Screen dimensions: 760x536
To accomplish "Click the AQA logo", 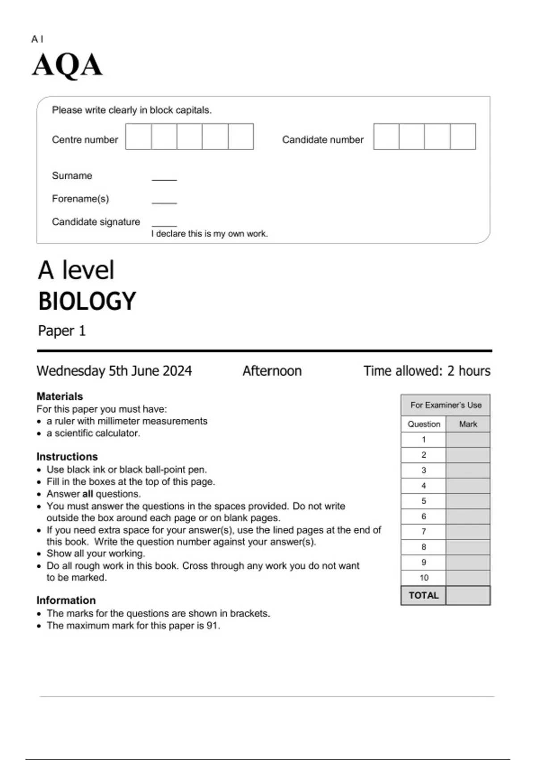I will (67, 65).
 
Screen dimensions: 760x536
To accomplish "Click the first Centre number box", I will (138, 137).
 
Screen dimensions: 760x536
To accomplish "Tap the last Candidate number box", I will (463, 137).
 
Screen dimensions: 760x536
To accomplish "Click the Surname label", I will (72, 176).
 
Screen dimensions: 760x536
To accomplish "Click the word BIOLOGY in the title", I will (87, 301).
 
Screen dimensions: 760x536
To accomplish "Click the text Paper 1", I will (62, 331).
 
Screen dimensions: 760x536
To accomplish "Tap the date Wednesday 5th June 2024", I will (114, 371).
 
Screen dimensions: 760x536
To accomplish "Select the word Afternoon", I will (272, 371).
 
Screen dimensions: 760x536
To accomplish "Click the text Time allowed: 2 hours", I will (427, 371).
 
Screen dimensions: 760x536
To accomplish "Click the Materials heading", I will (60, 397).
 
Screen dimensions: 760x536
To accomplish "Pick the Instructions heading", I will (67, 456).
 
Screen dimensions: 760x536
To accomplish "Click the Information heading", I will (66, 600).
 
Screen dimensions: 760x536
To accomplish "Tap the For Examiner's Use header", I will (446, 405).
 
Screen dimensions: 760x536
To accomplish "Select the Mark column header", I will (468, 424).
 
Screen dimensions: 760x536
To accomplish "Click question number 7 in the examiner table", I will (423, 532).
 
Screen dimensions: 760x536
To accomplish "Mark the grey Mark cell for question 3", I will (468, 470).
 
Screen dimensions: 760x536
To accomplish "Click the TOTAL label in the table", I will (423, 595).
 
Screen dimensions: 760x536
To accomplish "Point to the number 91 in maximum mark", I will (212, 626).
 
